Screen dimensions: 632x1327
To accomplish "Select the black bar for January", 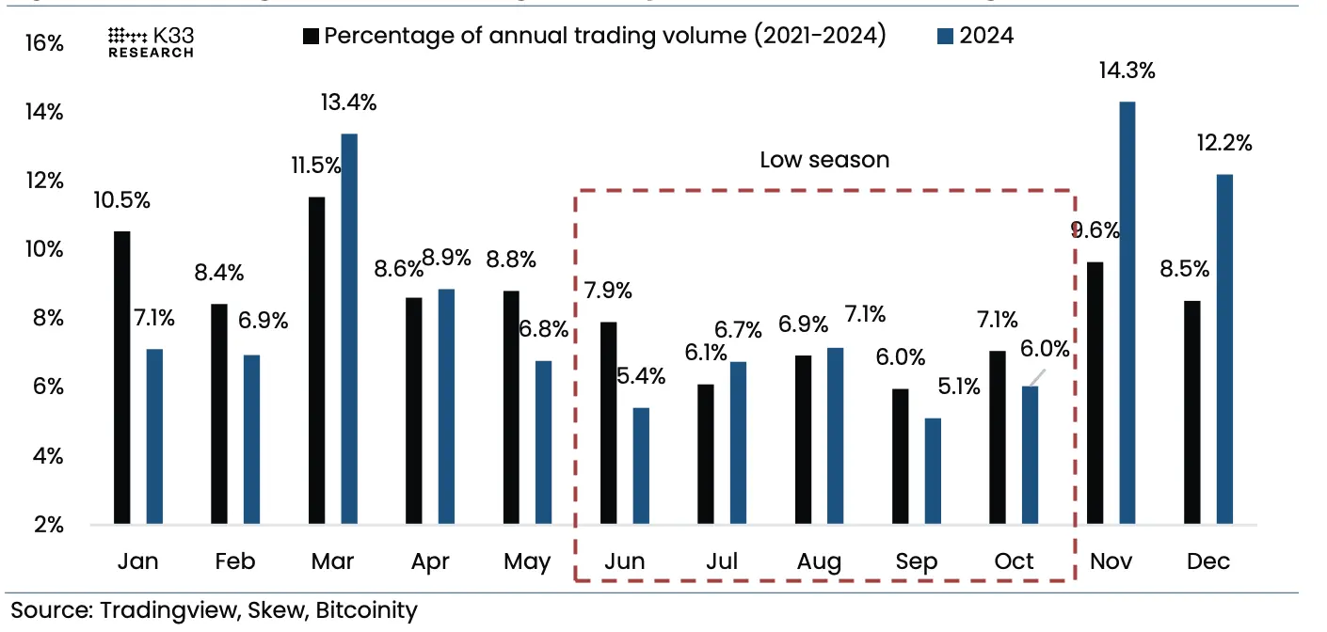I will pos(122,377).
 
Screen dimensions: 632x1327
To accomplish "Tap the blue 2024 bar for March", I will pos(349,328).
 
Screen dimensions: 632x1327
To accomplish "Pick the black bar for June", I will pos(609,422).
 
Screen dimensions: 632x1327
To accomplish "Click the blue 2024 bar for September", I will pos(933,470).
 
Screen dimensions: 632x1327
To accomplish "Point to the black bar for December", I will pos(1191,412).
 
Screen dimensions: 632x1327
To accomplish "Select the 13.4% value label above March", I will pos(348,103).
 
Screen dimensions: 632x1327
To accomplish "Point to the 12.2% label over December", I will pos(1225,144).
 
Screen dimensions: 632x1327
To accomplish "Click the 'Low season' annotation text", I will pos(824,160).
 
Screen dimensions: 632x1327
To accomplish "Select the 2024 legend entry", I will pos(976,37).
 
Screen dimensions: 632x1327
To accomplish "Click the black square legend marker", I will pos(311,37).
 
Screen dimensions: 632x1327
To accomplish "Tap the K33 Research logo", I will pos(151,42).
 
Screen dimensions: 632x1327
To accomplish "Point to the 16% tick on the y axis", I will pos(45,43).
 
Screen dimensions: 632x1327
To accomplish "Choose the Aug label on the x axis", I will pos(818,562).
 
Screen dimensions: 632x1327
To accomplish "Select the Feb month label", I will pos(234,562).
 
